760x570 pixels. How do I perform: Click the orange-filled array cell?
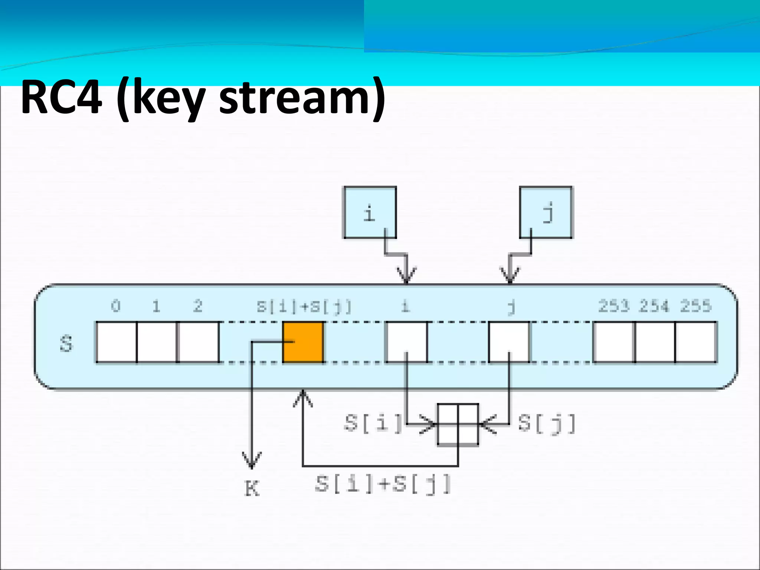[x=303, y=342]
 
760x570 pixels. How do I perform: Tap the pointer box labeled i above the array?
[x=370, y=212]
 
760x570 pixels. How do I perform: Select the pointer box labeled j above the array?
[x=546, y=212]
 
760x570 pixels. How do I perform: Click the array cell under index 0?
[x=116, y=342]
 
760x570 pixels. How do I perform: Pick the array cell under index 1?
[x=157, y=342]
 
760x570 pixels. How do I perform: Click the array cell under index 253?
[x=614, y=342]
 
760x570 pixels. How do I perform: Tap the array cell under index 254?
[x=655, y=342]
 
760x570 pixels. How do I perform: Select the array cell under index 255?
[x=696, y=342]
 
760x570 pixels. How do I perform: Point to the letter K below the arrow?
[x=252, y=488]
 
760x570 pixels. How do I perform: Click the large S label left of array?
[x=66, y=344]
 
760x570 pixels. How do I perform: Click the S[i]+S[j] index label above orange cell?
[x=304, y=307]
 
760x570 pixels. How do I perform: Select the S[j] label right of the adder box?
[x=547, y=423]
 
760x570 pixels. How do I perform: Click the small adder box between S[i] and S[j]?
[x=458, y=424]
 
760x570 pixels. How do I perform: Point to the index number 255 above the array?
[x=696, y=306]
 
